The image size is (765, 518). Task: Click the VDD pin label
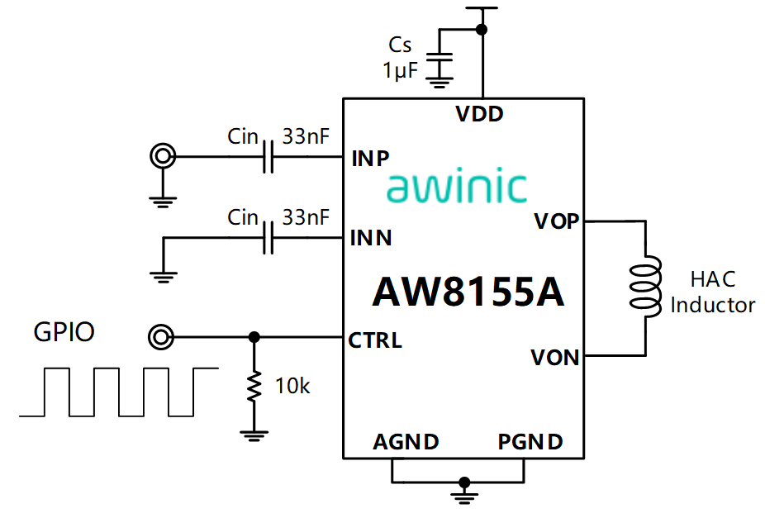click(x=480, y=114)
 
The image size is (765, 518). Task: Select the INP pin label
click(x=371, y=158)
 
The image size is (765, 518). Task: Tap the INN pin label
click(x=371, y=239)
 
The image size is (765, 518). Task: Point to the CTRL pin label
click(x=375, y=340)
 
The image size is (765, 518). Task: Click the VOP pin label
click(x=556, y=221)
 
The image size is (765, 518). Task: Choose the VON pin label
click(x=554, y=358)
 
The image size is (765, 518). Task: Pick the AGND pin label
click(x=406, y=442)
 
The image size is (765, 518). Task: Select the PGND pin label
click(x=530, y=442)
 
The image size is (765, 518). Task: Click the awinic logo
click(x=457, y=187)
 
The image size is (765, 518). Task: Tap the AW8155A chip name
click(x=468, y=291)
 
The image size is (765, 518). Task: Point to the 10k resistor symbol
click(x=254, y=386)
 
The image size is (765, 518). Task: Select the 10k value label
click(x=293, y=385)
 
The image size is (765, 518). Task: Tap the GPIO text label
click(x=64, y=332)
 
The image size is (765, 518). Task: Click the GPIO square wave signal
click(x=118, y=392)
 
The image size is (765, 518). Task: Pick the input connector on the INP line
click(x=162, y=156)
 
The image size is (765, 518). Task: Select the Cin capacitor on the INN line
click(x=267, y=239)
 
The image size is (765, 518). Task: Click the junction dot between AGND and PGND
click(x=465, y=482)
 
